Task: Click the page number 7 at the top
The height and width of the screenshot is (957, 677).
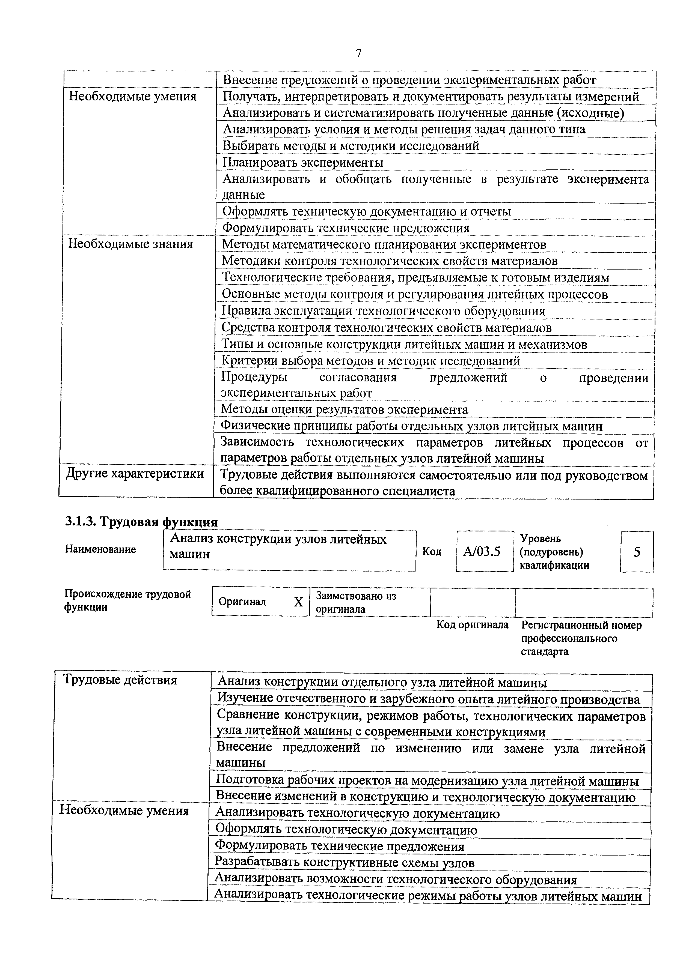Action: (x=359, y=54)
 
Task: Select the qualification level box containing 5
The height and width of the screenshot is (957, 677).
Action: (x=637, y=552)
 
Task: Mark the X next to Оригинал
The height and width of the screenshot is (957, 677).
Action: (x=298, y=602)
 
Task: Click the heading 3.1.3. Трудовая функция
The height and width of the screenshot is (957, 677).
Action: (x=141, y=523)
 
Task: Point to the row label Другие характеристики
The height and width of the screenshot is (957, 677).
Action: (x=135, y=474)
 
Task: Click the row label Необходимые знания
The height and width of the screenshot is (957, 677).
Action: (x=130, y=244)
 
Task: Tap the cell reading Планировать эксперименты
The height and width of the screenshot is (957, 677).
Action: (x=303, y=162)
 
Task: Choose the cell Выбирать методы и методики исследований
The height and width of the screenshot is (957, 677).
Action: (x=351, y=146)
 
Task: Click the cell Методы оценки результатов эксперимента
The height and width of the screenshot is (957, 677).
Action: (x=344, y=410)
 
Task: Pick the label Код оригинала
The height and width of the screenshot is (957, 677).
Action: (x=472, y=625)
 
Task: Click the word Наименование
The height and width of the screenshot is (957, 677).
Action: (x=100, y=549)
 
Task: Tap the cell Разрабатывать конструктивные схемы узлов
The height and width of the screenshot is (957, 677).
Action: (x=344, y=863)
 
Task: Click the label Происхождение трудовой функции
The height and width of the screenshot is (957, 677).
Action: (x=128, y=601)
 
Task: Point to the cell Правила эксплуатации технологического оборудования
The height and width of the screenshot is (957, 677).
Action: (x=383, y=311)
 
